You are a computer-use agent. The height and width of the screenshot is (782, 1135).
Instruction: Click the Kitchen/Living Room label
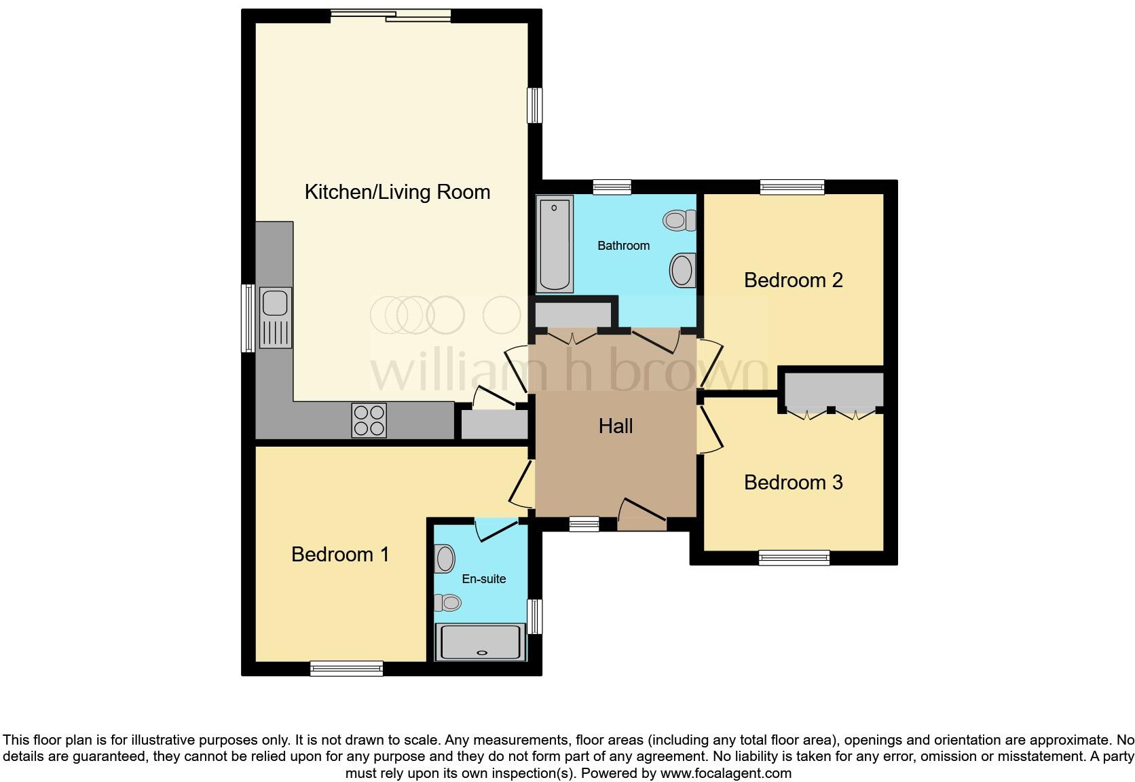pyautogui.click(x=397, y=192)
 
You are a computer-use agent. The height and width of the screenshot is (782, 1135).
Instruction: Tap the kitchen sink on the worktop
pyautogui.click(x=275, y=317)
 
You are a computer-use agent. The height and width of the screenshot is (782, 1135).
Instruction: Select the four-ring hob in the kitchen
pyautogui.click(x=369, y=420)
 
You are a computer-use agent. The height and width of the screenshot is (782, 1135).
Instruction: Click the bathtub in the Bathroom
pyautogui.click(x=555, y=244)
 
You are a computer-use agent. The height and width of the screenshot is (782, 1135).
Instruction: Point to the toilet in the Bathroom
pyautogui.click(x=680, y=220)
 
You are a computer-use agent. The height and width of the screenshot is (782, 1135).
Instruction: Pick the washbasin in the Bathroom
pyautogui.click(x=682, y=269)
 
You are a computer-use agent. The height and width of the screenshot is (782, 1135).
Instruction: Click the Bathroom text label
pyautogui.click(x=623, y=246)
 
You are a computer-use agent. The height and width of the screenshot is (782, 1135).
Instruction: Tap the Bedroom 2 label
pyautogui.click(x=793, y=280)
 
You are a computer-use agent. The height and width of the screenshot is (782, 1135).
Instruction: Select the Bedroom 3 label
pyautogui.click(x=793, y=482)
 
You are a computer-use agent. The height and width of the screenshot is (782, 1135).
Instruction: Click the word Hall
pyautogui.click(x=616, y=426)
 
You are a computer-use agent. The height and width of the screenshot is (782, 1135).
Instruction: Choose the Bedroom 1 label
pyautogui.click(x=340, y=554)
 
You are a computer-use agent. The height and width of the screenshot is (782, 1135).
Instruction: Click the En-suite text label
pyautogui.click(x=483, y=579)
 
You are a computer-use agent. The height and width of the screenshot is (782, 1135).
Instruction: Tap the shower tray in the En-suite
pyautogui.click(x=481, y=641)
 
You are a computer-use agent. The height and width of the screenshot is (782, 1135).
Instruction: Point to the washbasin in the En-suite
pyautogui.click(x=445, y=559)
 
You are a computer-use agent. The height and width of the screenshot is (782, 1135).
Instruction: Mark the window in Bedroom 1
pyautogui.click(x=346, y=669)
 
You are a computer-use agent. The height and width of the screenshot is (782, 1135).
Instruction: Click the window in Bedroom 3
pyautogui.click(x=794, y=558)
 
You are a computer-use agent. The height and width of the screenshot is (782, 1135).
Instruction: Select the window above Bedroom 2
pyautogui.click(x=792, y=187)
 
